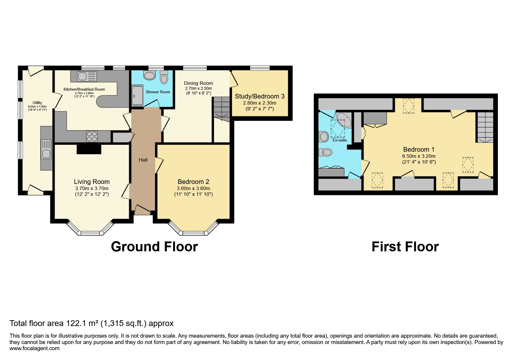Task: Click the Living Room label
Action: (x=92, y=182)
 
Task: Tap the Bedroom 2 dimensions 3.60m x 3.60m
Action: (x=193, y=188)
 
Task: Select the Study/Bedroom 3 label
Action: (x=259, y=96)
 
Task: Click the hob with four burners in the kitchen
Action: (x=92, y=136)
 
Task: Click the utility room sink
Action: (x=47, y=149)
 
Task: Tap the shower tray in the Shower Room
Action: (x=138, y=95)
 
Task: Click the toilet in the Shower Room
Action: (x=164, y=77)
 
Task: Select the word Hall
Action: (x=143, y=160)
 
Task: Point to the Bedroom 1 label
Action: (x=418, y=150)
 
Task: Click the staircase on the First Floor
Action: (x=484, y=127)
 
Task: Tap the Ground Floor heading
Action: (x=154, y=247)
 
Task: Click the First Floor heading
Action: (x=405, y=247)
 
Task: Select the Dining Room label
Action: (x=198, y=83)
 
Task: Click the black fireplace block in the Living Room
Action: (x=89, y=149)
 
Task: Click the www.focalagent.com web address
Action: (x=35, y=348)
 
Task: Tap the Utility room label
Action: (x=37, y=103)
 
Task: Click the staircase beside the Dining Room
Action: (x=222, y=109)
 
